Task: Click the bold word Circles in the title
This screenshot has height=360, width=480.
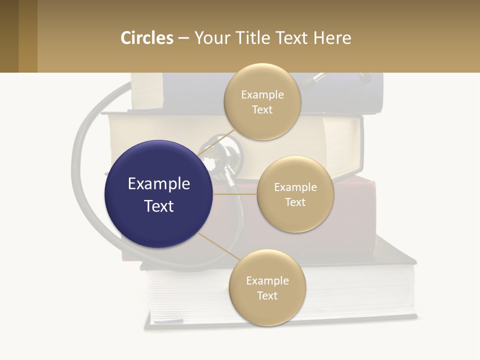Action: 146,38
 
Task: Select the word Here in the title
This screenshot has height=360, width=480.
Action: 332,38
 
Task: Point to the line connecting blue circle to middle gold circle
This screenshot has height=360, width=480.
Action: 235,194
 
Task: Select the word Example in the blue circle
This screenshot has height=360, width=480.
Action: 159,184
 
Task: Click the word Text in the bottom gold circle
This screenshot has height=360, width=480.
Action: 267,295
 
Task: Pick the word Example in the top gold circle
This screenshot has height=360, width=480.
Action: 262,94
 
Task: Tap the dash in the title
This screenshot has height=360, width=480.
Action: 183,38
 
